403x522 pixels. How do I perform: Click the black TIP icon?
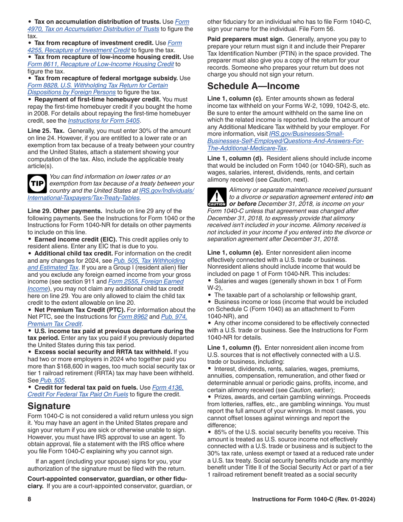click(37, 184)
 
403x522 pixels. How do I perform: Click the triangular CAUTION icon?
click(216, 197)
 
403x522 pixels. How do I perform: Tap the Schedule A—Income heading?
click(253, 86)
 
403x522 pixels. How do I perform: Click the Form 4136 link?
click(168, 387)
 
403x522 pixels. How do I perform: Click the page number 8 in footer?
click(30, 500)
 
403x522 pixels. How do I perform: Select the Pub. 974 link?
click(174, 317)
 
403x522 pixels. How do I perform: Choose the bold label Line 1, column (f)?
click(235, 348)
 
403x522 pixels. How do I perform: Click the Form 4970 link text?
click(182, 22)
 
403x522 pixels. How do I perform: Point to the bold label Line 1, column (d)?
click(235, 158)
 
